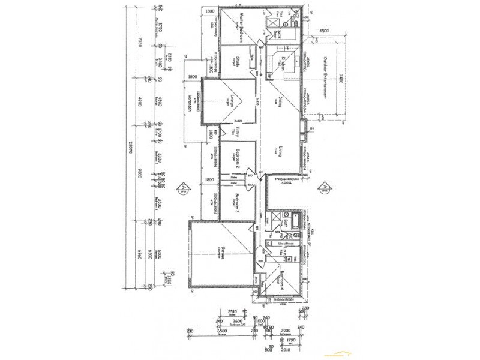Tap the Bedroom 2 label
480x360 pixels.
(238, 157)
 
